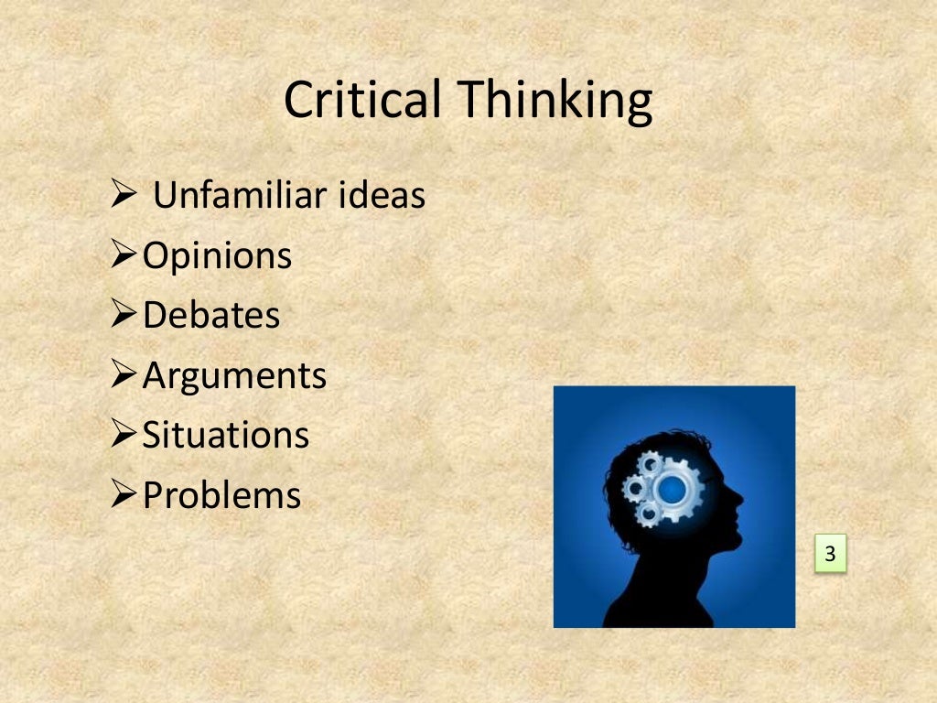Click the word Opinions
tap(217, 256)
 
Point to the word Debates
tap(210, 316)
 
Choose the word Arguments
tap(234, 376)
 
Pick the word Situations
tap(225, 435)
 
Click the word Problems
tap(221, 495)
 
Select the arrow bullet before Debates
tap(124, 316)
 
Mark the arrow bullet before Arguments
tap(124, 375)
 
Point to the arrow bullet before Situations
tap(124, 435)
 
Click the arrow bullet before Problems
tap(124, 495)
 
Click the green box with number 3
tap(831, 554)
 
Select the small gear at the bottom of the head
tap(647, 514)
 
